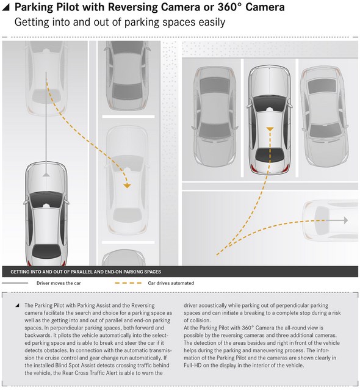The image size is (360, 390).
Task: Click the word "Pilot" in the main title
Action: (67, 7)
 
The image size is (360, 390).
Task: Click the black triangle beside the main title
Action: (5, 8)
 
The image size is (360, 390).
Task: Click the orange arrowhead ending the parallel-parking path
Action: (127, 186)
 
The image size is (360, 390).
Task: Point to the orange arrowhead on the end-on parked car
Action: (270, 129)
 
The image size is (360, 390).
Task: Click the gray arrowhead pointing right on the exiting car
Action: (346, 220)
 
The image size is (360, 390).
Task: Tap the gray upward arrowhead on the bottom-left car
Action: (46, 175)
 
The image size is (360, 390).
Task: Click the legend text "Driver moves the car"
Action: (59, 283)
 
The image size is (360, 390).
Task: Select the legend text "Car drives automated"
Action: (171, 283)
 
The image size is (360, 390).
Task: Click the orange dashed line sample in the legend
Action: (128, 283)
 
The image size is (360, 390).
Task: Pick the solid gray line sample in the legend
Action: (15, 283)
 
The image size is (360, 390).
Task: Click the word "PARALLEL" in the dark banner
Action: (82, 272)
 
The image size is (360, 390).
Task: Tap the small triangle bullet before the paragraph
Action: (17, 305)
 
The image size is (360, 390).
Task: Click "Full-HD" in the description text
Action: (193, 366)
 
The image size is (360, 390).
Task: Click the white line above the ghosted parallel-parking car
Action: (128, 117)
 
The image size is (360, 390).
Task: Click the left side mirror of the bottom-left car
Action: (26, 203)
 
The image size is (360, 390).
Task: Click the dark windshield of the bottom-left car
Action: (46, 200)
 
